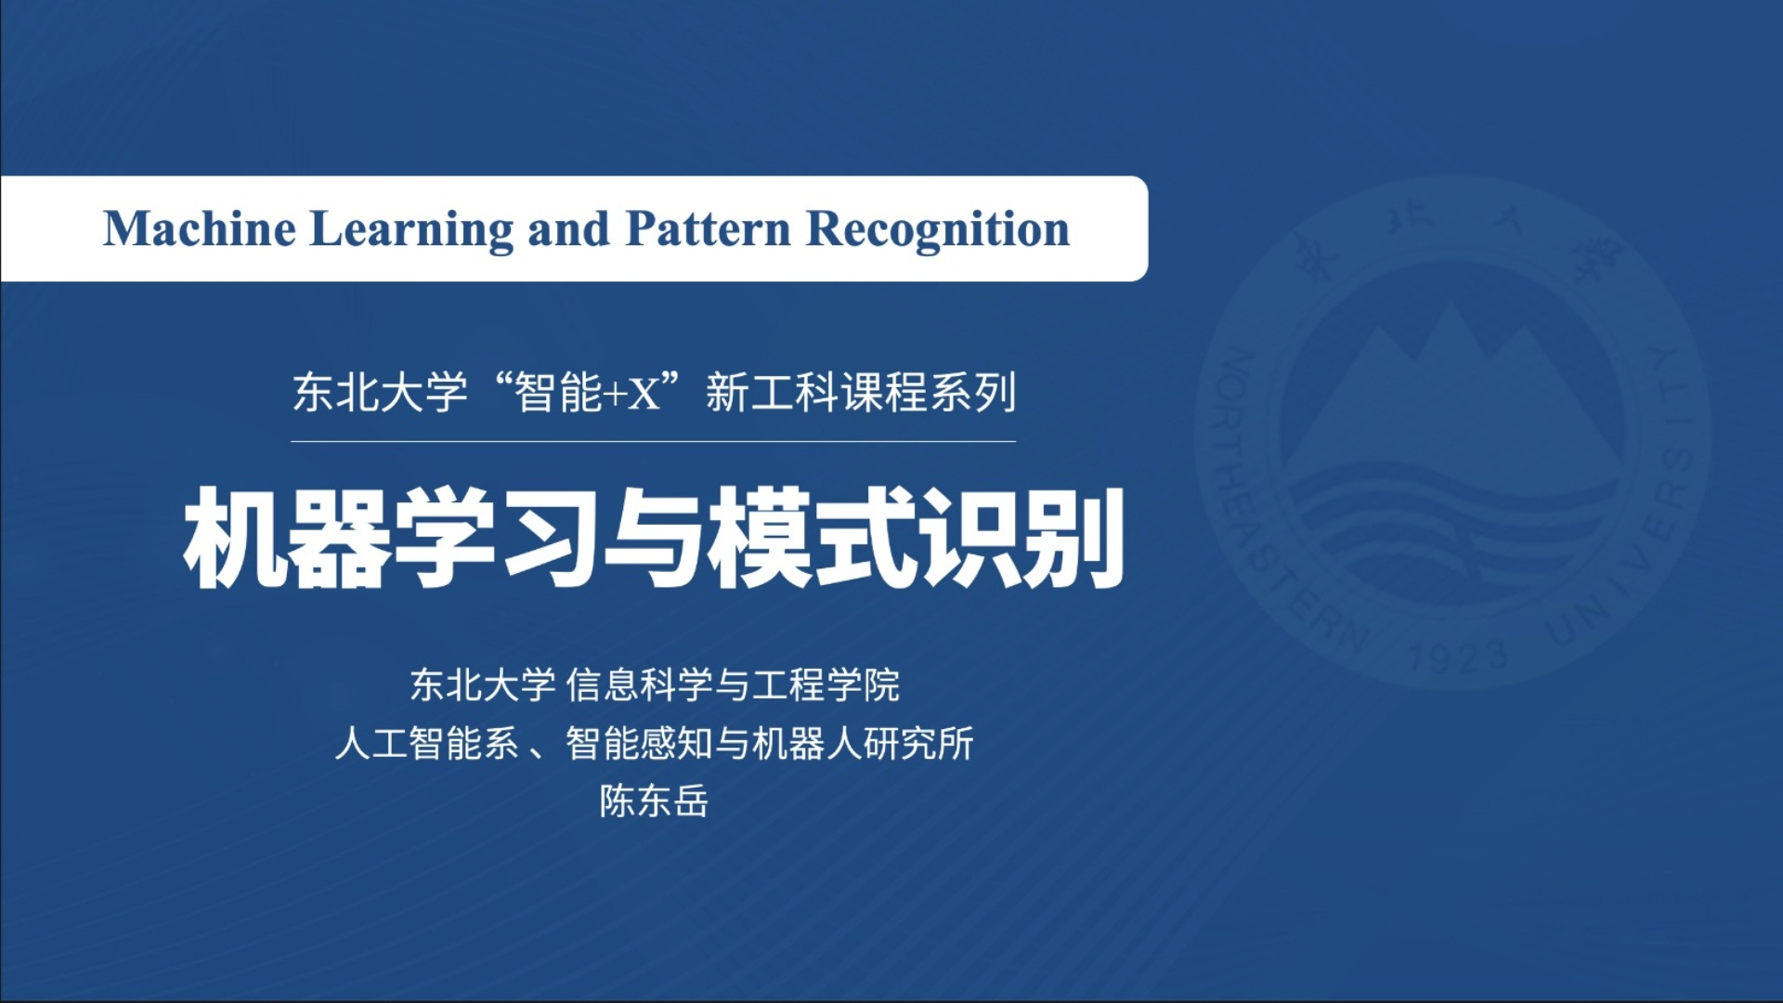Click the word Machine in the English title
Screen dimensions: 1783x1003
200,228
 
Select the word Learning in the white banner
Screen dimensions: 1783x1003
411,230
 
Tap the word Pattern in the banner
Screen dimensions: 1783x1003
709,228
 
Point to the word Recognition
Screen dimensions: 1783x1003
938,230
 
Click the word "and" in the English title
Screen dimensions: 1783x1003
569,228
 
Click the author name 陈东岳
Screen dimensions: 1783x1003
654,801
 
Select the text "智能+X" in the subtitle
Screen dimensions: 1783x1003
587,392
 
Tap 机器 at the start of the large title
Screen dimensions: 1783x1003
287,538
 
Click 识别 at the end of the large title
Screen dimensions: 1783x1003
1022,538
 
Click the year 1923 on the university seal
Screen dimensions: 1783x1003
1458,656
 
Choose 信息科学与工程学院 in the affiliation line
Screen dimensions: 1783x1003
733,684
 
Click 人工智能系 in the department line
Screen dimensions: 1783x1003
426,743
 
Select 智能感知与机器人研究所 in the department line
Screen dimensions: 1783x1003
770,743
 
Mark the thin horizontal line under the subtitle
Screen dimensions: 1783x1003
653,441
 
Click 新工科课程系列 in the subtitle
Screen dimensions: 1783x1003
861,392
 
